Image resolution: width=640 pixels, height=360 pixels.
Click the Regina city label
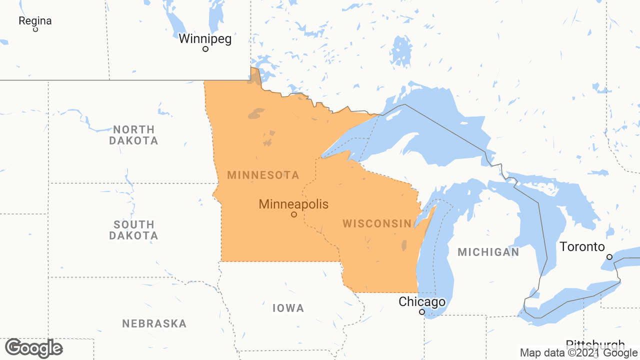coord(35,21)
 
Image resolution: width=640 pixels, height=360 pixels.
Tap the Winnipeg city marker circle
coord(205,49)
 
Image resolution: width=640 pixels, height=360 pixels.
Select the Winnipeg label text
coord(205,38)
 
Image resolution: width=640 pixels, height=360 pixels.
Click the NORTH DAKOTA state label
coord(133,135)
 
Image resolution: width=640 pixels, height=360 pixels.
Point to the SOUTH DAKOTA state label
coord(133,230)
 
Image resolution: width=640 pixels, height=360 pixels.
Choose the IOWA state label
coord(288,308)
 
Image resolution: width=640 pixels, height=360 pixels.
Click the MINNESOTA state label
coord(263,175)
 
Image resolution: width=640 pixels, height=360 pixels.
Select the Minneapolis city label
coord(293,204)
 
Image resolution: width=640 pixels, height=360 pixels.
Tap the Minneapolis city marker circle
coord(294,214)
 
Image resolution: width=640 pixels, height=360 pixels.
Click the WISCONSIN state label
coord(377,223)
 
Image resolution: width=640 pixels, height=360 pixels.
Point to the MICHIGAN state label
coord(488,252)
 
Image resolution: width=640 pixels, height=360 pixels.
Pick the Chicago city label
coord(422,302)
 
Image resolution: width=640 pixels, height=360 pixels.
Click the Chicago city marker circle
coord(422,312)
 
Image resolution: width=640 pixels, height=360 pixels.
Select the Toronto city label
coord(582,246)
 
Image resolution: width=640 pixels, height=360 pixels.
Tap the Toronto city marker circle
coord(609,256)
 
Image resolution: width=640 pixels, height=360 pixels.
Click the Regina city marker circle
coord(35,29)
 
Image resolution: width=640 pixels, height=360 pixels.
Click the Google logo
coord(33,348)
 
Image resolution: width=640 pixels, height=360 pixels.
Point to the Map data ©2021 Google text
coord(578,353)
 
